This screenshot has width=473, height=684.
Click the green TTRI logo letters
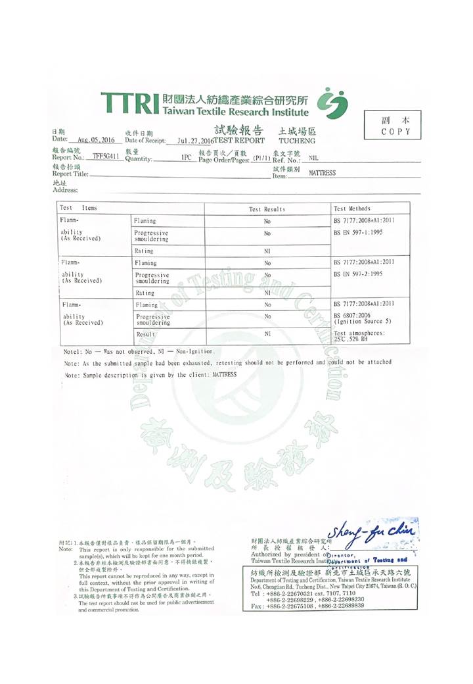(129, 105)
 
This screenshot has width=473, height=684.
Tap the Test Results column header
(267, 208)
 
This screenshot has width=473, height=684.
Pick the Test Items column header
(79, 208)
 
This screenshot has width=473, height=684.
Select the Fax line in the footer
(307, 605)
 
